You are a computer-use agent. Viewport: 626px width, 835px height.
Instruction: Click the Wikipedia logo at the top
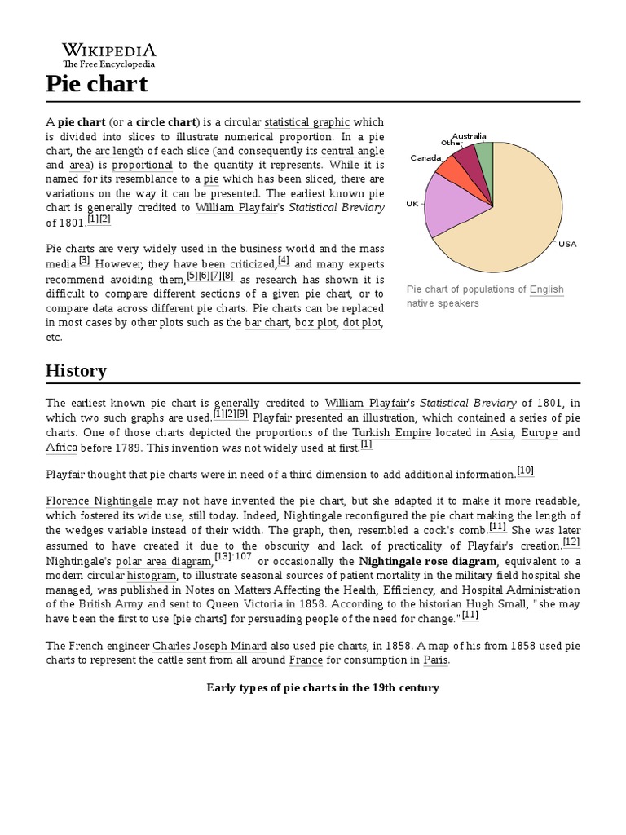109,54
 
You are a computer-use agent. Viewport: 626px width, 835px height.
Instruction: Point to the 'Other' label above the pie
452,143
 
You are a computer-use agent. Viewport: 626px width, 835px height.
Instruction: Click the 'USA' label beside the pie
566,244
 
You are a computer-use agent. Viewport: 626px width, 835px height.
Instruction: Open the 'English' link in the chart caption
546,289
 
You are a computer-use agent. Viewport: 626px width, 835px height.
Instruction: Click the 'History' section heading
76,371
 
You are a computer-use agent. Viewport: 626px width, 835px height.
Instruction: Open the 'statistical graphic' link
307,122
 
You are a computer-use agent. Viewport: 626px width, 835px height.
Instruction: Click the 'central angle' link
352,152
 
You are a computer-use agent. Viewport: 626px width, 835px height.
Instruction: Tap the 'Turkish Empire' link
391,432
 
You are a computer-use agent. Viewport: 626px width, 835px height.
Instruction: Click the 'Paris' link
435,660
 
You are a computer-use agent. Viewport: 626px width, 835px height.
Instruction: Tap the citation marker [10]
526,471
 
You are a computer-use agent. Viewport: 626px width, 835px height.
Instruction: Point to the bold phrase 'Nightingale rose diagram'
428,561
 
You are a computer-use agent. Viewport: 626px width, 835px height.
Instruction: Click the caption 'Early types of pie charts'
324,687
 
